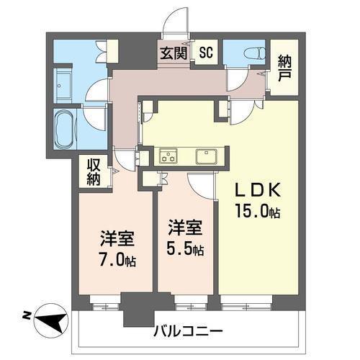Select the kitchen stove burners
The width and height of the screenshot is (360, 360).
168,154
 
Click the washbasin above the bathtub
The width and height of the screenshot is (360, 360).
61,82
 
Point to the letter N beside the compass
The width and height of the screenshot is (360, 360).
25,315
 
